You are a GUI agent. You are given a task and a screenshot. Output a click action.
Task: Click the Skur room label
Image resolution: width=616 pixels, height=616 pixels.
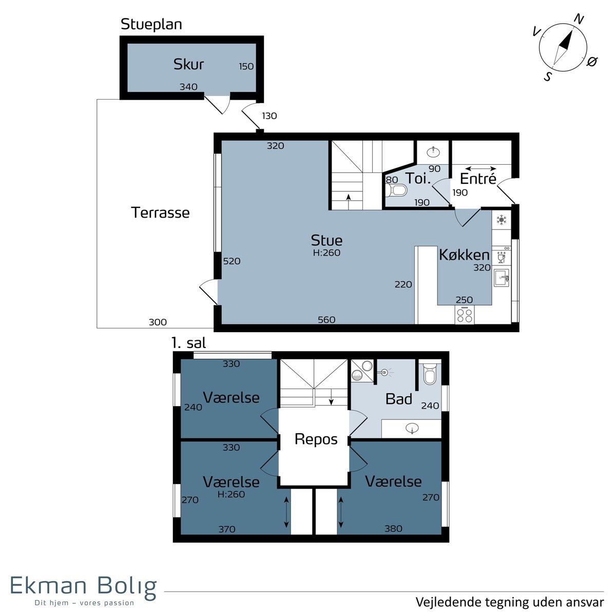tap(188, 64)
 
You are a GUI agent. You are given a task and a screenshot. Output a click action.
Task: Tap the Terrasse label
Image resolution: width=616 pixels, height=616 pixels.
tap(160, 213)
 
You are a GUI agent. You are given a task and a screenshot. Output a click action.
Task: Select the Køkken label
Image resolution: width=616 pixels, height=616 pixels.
tap(464, 255)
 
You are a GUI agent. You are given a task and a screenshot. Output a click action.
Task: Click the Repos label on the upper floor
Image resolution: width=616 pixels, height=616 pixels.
tap(316, 440)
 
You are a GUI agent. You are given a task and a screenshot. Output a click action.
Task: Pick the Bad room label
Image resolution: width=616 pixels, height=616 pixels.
tap(399, 399)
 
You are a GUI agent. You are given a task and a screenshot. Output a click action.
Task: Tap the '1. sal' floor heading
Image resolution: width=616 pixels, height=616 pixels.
tap(188, 343)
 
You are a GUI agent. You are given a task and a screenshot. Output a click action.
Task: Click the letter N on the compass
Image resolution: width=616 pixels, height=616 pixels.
tap(579, 19)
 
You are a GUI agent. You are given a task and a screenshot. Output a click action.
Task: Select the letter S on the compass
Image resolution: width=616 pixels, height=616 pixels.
tap(548, 76)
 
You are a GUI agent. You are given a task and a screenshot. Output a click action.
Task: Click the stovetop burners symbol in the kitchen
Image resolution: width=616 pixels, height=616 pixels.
tap(465, 315)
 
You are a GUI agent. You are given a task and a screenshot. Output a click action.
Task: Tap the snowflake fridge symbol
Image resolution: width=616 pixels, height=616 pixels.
tap(501, 220)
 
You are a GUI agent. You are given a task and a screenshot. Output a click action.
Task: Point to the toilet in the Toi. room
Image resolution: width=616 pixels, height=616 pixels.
tap(396, 191)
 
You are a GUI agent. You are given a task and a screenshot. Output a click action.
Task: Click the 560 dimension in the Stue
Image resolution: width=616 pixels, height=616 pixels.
tap(326, 320)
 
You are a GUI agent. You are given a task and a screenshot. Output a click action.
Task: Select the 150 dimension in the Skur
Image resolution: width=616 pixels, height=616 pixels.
tap(246, 67)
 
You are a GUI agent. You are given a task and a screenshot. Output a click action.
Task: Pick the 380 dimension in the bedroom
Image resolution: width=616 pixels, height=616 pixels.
tap(393, 528)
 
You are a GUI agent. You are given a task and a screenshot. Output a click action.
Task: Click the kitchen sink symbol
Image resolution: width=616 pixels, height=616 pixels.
tap(501, 278)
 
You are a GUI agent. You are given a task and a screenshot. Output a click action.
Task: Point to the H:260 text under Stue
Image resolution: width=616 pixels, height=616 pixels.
tap(326, 253)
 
